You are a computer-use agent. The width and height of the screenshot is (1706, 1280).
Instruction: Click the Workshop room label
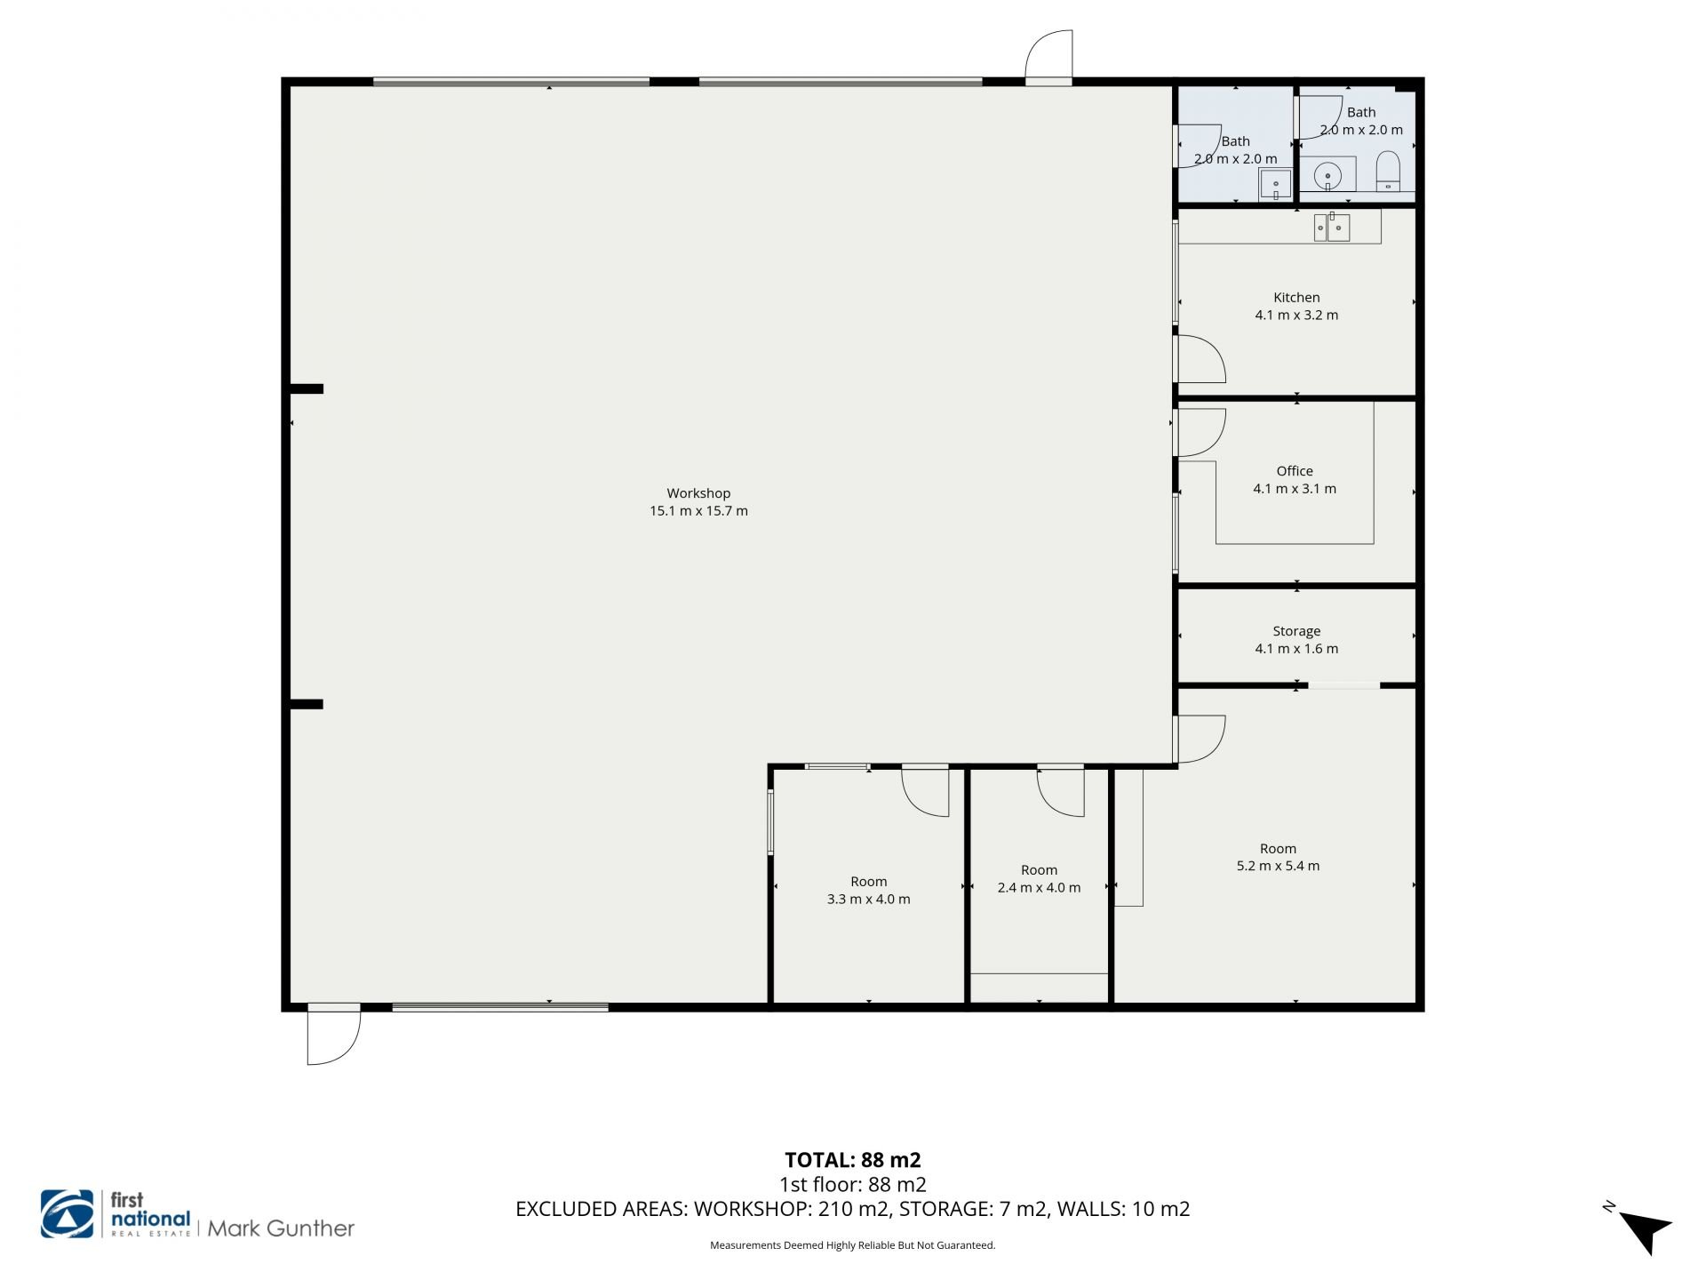point(698,493)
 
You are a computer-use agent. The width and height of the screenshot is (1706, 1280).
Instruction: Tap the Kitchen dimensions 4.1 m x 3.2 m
point(1296,315)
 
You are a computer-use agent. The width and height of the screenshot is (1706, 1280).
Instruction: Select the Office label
point(1295,471)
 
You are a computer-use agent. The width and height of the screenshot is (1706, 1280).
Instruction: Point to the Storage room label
point(1296,631)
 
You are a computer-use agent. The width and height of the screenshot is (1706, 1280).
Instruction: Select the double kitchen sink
point(1332,228)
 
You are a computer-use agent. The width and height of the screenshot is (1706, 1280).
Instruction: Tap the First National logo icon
point(67,1213)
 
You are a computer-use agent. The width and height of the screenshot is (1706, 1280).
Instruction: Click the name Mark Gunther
point(281,1228)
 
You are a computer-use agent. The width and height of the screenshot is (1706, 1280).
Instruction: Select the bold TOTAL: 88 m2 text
point(853,1160)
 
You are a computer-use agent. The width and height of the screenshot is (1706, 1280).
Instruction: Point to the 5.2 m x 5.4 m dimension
point(1278,866)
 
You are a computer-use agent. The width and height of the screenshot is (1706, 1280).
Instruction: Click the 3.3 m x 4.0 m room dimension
point(868,899)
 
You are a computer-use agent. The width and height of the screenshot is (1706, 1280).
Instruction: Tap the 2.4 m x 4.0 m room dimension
point(1039,887)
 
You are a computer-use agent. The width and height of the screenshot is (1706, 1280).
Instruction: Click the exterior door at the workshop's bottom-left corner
point(334,1036)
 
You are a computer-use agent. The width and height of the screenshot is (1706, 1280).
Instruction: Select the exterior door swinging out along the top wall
point(1048,57)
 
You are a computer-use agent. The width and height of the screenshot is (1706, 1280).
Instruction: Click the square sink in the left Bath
point(1275,185)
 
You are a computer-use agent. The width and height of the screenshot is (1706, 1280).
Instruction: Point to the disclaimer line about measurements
point(853,1245)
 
